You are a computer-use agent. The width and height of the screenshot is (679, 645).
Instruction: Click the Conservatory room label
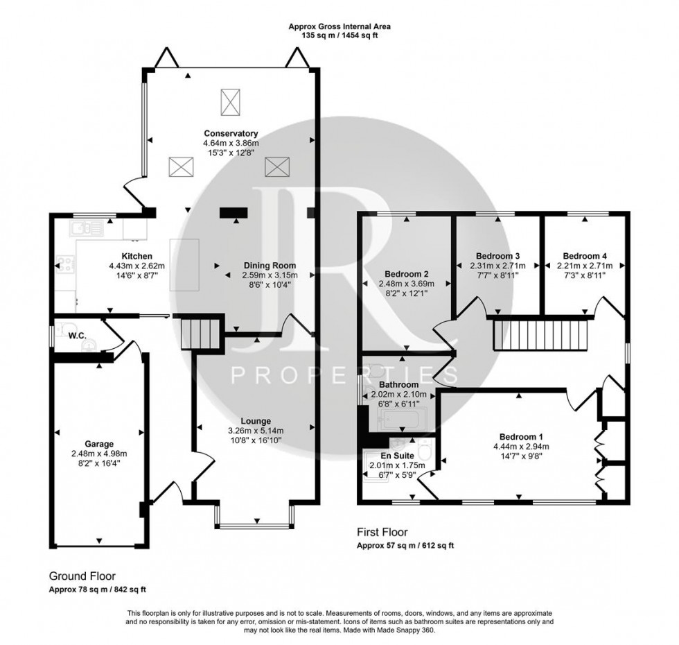point(231,133)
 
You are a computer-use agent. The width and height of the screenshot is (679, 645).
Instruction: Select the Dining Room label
point(270,265)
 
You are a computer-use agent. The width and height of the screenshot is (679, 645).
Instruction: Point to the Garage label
point(100,444)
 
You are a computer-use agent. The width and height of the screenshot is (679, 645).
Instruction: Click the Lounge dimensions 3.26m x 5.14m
point(256,431)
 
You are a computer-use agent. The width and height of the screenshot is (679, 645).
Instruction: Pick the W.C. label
point(76,336)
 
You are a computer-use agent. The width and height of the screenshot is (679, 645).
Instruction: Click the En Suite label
point(392,455)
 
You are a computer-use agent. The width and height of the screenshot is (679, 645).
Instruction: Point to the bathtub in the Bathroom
point(403,418)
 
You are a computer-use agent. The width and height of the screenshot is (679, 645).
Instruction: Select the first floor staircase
point(540,336)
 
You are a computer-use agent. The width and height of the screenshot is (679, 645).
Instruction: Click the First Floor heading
point(382,533)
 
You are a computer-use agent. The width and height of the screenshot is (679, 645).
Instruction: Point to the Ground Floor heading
point(82,576)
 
